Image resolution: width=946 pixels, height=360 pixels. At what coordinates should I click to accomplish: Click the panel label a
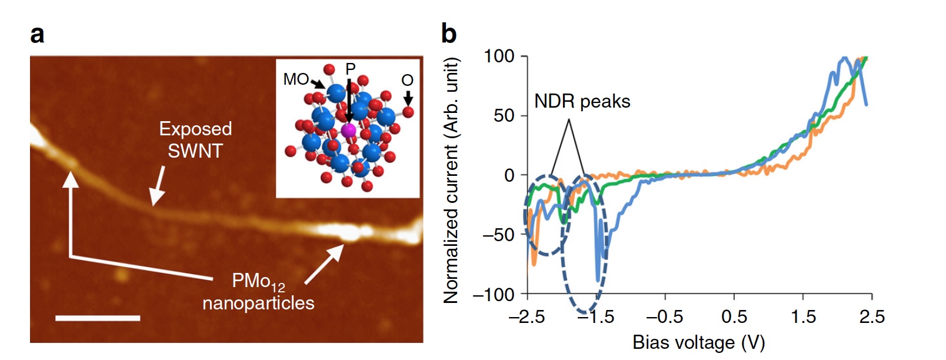[x=37, y=34]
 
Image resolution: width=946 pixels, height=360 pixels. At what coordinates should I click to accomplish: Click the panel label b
[x=449, y=34]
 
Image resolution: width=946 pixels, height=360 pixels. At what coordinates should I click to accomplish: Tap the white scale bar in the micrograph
[x=98, y=318]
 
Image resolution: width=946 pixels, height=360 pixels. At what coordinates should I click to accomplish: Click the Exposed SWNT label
[x=195, y=140]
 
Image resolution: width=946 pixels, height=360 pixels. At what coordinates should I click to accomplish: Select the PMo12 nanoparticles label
[x=258, y=292]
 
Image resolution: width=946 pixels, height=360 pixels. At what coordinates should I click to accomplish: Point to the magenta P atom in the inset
[x=349, y=130]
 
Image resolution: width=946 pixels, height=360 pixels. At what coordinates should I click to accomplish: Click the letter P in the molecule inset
[x=351, y=69]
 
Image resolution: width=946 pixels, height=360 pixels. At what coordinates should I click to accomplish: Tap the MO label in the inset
[x=296, y=79]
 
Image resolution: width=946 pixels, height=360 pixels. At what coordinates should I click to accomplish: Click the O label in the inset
[x=407, y=80]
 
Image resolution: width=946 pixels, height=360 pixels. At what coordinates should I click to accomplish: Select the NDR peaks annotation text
[x=582, y=102]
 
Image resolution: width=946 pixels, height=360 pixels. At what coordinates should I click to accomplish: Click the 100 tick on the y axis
[x=499, y=56]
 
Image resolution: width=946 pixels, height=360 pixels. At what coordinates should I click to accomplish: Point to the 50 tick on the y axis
[x=504, y=115]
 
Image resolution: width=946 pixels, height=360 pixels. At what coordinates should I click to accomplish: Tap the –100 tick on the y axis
[x=494, y=294]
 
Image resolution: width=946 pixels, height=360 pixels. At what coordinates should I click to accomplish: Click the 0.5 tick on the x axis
[x=734, y=317]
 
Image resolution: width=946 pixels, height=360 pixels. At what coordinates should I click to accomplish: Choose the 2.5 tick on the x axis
[x=872, y=317]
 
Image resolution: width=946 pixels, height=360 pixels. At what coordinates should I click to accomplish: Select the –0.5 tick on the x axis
[x=665, y=317]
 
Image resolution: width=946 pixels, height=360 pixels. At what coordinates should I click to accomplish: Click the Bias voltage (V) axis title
[x=698, y=342]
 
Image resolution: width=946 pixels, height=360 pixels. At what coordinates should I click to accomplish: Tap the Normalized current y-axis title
[x=451, y=180]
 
